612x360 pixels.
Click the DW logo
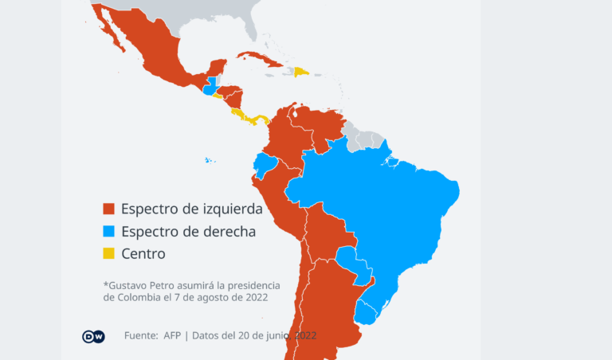point(93,336)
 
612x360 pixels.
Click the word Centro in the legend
point(143,254)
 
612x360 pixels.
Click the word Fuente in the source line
point(140,335)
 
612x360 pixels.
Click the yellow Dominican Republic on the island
point(302,72)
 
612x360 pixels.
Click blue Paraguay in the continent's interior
point(351,263)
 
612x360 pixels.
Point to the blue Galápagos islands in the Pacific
point(210,161)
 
